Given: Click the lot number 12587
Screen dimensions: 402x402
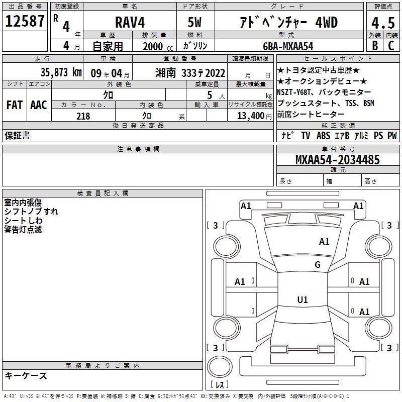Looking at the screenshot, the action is click(25, 21).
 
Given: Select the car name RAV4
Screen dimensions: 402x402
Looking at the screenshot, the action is click(130, 22).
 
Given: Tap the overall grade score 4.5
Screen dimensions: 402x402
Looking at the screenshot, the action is click(383, 23).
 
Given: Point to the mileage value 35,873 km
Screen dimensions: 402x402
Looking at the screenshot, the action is click(61, 72).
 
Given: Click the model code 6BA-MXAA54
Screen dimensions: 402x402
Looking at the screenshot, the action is click(288, 46).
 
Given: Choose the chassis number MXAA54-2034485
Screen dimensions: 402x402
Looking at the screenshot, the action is click(338, 159).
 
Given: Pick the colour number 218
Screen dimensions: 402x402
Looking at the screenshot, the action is click(83, 116).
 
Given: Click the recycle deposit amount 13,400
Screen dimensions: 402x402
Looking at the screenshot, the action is click(251, 116).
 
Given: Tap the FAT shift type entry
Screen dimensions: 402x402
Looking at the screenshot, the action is click(15, 105).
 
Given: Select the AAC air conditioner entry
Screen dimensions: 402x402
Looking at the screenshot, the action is click(39, 105).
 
